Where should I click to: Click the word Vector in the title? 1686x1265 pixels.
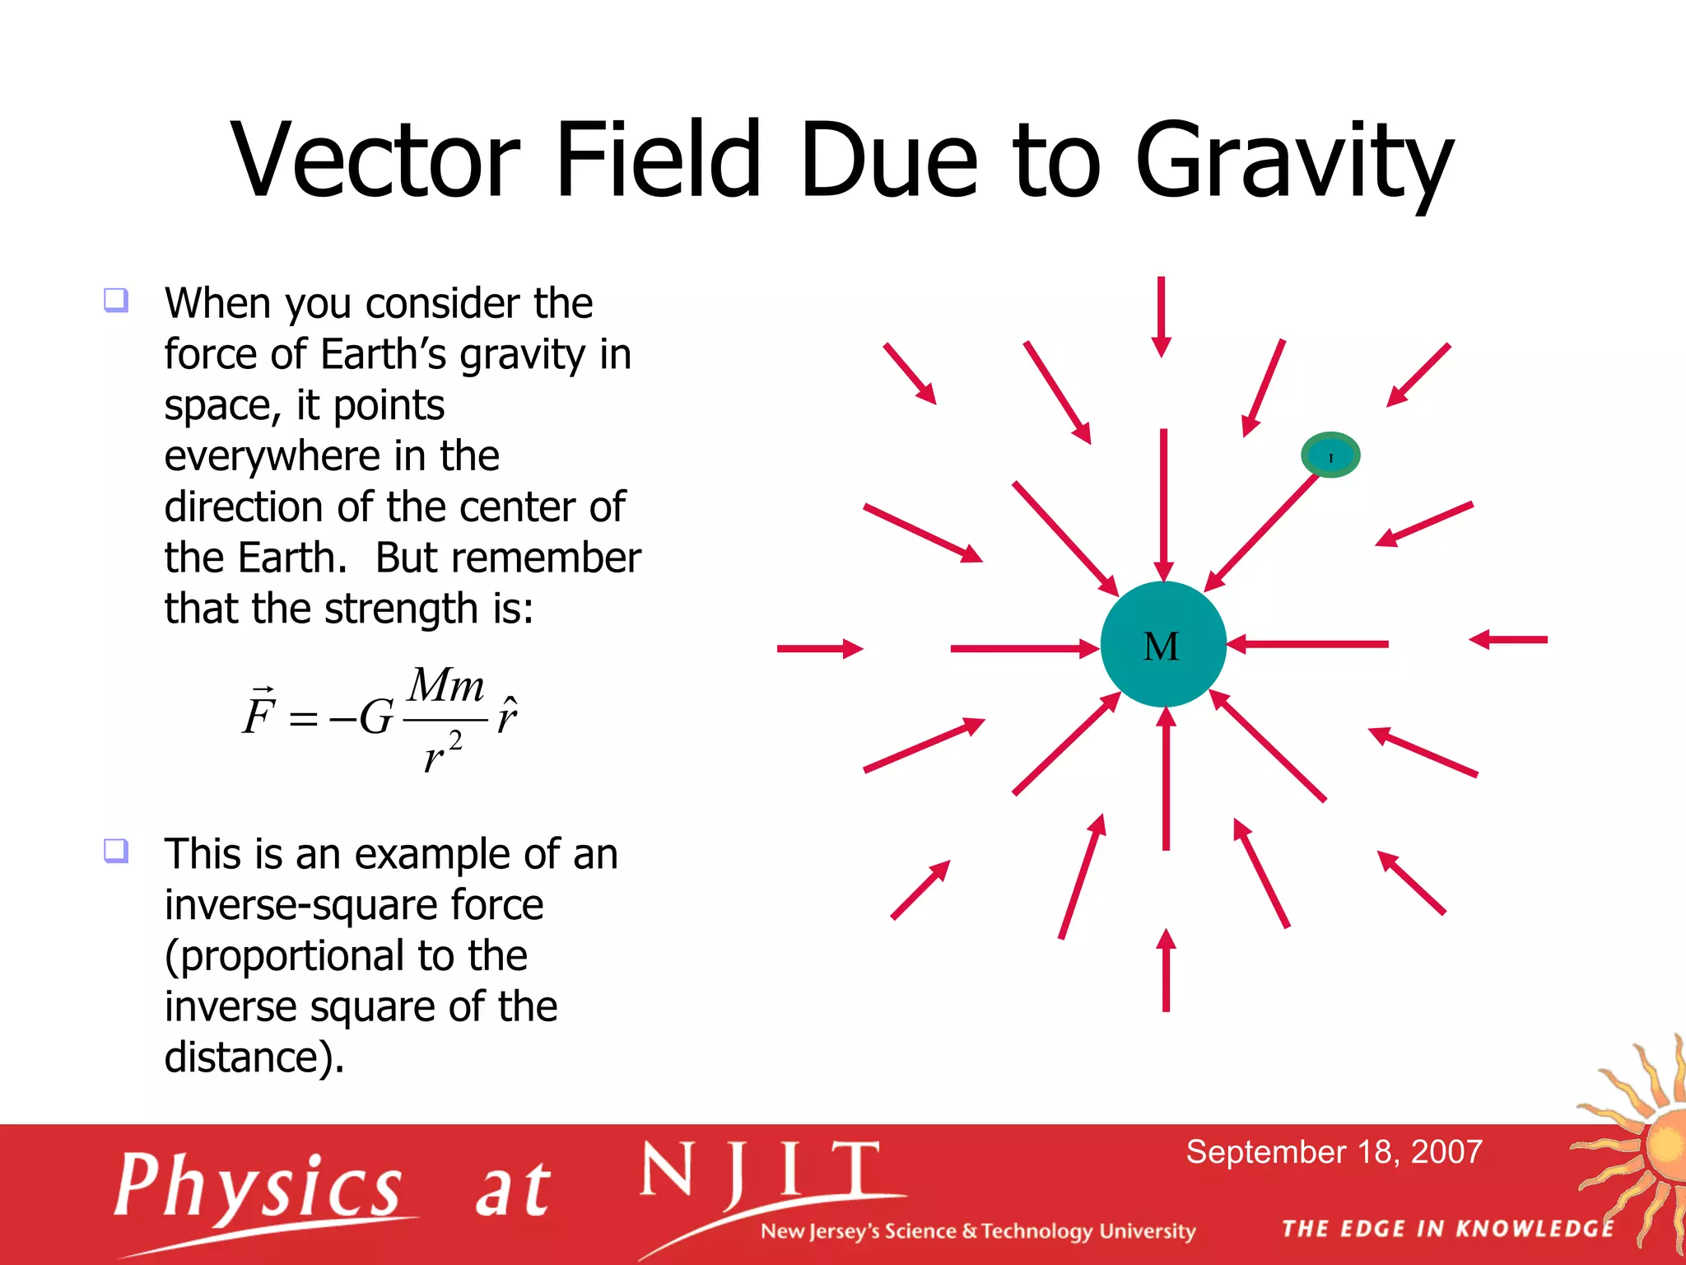[x=375, y=161]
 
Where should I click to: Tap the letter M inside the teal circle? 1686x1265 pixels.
[x=1161, y=647]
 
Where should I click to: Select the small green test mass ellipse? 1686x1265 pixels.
[x=1330, y=455]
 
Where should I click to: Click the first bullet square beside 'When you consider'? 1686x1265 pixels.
[x=116, y=299]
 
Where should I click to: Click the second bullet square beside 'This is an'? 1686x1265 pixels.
[x=116, y=849]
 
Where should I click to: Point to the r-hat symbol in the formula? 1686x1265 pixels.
[x=506, y=715]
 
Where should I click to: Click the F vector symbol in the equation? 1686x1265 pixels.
[x=258, y=712]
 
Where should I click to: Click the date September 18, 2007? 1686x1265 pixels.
[x=1334, y=1151]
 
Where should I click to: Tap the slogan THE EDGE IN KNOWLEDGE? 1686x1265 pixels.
[x=1447, y=1229]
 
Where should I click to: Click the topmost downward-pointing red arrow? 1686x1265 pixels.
[x=1162, y=317]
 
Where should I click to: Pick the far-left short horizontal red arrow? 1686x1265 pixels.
[x=819, y=649]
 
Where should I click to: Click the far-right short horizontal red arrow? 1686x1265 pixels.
[x=1508, y=639]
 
